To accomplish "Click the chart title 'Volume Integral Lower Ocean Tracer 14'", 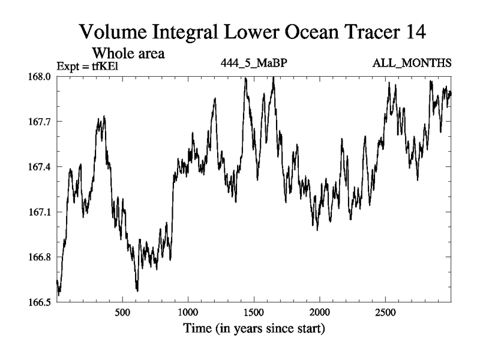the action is [253, 32].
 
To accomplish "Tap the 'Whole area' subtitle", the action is [128, 53].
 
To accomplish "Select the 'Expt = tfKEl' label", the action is [88, 66].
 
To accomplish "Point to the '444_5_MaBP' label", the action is [254, 63].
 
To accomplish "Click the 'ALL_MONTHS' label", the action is [412, 63].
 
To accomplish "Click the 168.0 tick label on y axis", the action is [40, 77].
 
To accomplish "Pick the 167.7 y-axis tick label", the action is [40, 122].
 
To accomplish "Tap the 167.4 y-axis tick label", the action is [40, 167].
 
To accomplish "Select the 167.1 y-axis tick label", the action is [40, 212].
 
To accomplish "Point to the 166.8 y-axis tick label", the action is [40, 257].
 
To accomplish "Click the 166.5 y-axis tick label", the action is [40, 302].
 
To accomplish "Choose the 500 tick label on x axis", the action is [122, 313].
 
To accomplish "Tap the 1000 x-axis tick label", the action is [188, 313].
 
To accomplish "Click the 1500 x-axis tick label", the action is [254, 313].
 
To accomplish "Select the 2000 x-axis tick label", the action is [320, 313].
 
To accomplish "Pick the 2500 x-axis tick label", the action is [385, 313].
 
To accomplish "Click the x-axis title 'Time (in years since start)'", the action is [254, 328].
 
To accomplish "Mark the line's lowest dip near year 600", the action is [137, 290].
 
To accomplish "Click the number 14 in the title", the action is [416, 32].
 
